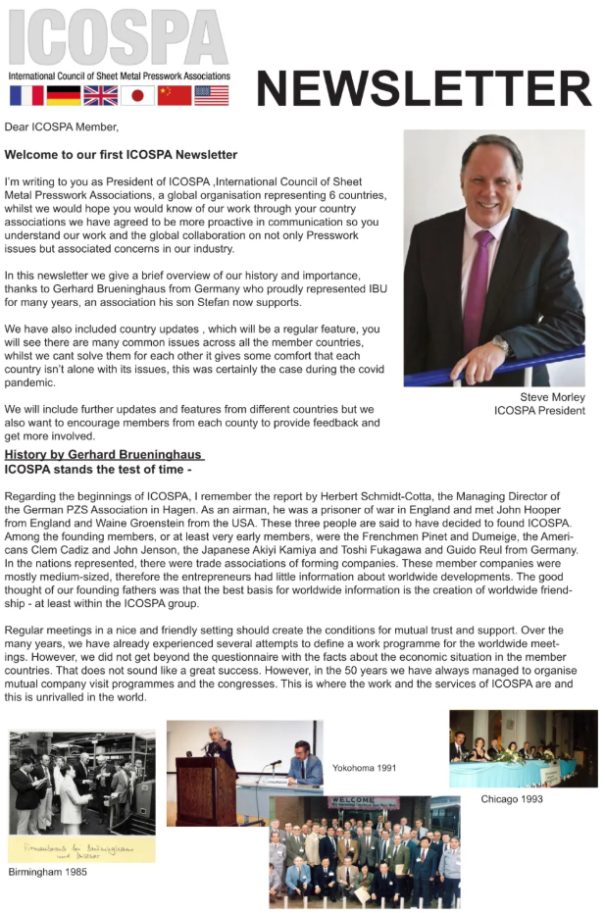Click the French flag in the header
(26, 95)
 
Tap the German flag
(64, 95)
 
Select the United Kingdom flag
(100, 95)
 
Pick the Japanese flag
(137, 95)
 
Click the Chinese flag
(175, 95)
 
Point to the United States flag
(211, 95)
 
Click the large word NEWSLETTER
(424, 88)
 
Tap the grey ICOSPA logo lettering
(118, 37)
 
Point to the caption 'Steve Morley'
(552, 397)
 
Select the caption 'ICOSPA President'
(539, 410)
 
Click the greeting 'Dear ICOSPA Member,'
(61, 127)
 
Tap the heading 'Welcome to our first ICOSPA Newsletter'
(121, 155)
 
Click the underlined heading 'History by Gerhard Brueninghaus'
(104, 455)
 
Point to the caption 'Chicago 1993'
(511, 799)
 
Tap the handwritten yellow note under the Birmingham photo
(81, 849)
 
